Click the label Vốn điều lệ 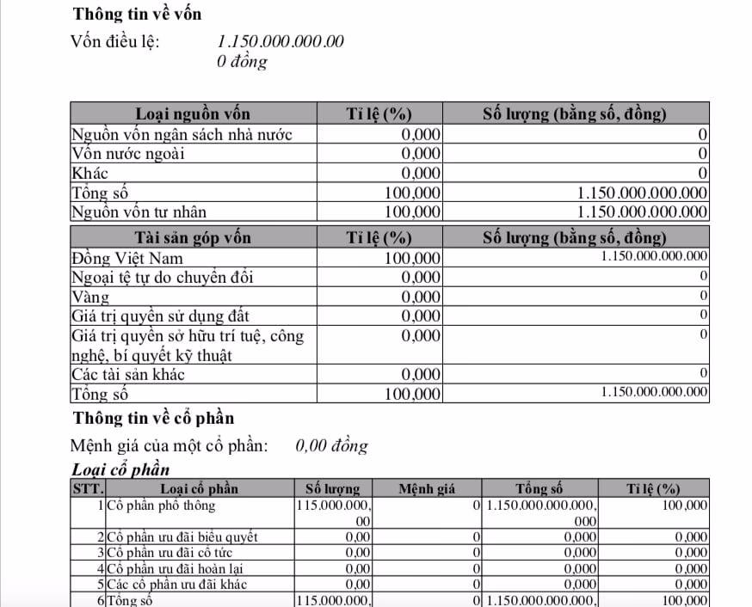pyautogui.click(x=114, y=41)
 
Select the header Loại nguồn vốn pyautogui.click(x=193, y=113)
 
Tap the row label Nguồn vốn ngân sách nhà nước pyautogui.click(x=182, y=134)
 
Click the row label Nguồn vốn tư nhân pyautogui.click(x=139, y=212)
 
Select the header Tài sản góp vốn pyautogui.click(x=193, y=237)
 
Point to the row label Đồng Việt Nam pyautogui.click(x=126, y=258)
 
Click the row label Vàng pyautogui.click(x=90, y=297)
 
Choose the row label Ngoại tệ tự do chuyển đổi pyautogui.click(x=162, y=278)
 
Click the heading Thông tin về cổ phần pyautogui.click(x=153, y=418)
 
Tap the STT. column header pyautogui.click(x=87, y=489)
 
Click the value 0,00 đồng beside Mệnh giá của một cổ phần pyautogui.click(x=331, y=445)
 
